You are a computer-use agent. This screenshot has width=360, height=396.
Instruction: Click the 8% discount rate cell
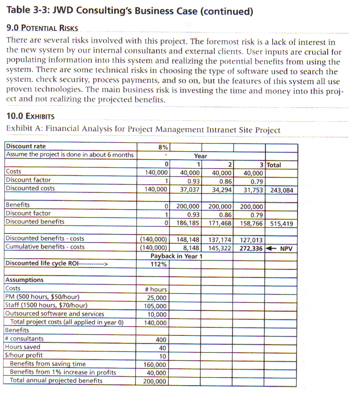[x=164, y=147]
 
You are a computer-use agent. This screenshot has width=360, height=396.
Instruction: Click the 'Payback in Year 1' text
[x=176, y=256]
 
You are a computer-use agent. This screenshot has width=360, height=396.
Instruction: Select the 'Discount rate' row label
[x=26, y=146]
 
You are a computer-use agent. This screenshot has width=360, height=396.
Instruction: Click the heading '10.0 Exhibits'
[x=30, y=116]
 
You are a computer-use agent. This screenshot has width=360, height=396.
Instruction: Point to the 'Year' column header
[x=201, y=155]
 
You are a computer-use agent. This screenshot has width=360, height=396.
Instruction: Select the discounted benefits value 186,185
[x=188, y=222]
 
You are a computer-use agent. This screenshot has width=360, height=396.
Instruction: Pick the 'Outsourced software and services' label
[x=55, y=314]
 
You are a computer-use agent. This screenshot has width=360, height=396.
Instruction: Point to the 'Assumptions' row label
[x=24, y=280]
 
